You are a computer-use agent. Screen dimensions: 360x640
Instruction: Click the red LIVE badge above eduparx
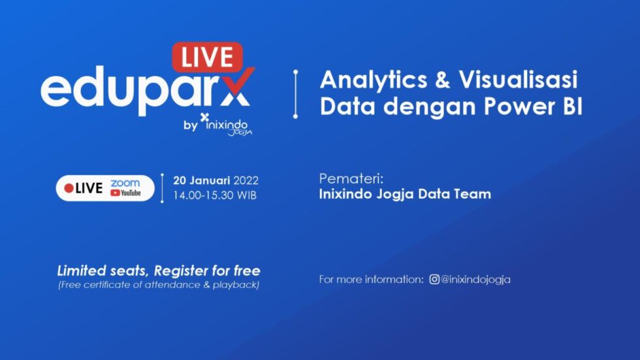coord(207,57)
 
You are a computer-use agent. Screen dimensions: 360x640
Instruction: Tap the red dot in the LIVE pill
coord(69,188)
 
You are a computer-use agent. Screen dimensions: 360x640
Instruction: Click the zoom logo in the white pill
coord(125,183)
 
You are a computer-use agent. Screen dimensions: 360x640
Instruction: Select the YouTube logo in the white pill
coord(125,193)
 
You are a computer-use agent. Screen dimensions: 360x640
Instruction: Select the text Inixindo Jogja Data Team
coord(405,194)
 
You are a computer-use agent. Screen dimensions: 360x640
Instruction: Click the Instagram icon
coord(434,280)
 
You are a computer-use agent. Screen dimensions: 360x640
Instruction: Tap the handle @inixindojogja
coord(476,280)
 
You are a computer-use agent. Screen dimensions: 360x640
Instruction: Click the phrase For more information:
coord(371,280)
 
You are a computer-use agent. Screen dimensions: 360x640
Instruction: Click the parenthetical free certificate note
coord(158,286)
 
